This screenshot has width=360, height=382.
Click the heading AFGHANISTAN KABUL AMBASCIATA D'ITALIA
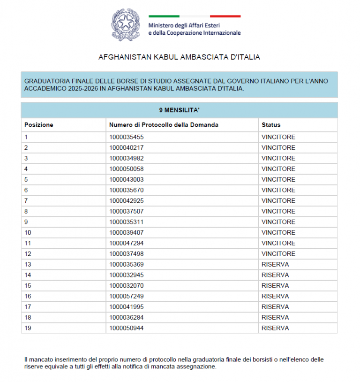pyautogui.click(x=179, y=57)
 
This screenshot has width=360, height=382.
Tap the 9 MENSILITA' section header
pyautogui.click(x=179, y=110)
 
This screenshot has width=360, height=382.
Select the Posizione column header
pyautogui.click(x=39, y=125)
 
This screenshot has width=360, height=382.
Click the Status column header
pyautogui.click(x=271, y=125)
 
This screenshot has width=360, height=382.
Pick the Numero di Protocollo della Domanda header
pyautogui.click(x=164, y=125)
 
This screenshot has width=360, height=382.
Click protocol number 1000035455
pyautogui.click(x=126, y=137)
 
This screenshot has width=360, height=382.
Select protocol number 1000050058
pyautogui.click(x=126, y=169)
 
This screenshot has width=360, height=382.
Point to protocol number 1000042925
pyautogui.click(x=126, y=201)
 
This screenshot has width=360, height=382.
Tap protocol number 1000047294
pyautogui.click(x=126, y=243)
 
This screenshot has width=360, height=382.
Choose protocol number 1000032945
pyautogui.click(x=126, y=275)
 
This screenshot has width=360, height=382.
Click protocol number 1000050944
pyautogui.click(x=126, y=328)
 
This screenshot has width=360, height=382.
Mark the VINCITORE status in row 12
pyautogui.click(x=278, y=254)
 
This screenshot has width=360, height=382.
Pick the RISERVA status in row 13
pyautogui.click(x=275, y=264)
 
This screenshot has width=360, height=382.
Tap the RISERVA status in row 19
pyautogui.click(x=275, y=328)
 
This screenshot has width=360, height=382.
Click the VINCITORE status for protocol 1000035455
pyautogui.click(x=278, y=137)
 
